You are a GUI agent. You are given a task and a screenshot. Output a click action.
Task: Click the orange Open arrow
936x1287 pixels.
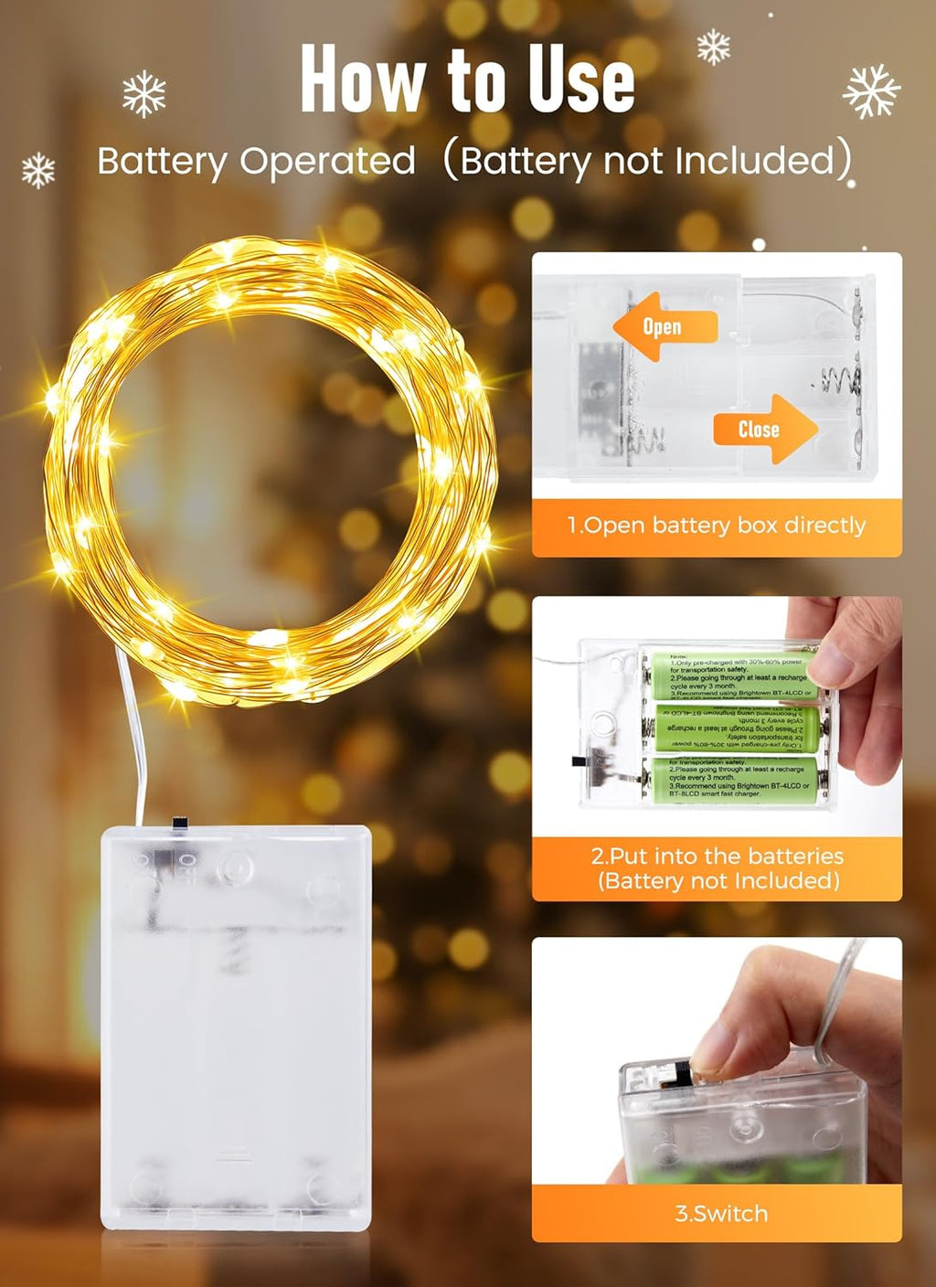[663, 326]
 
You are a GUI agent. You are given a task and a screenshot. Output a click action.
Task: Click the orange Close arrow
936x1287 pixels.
[764, 429]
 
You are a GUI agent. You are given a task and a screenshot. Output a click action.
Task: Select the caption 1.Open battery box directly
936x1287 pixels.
[717, 526]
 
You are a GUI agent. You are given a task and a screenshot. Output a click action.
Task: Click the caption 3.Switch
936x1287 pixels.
[721, 1214]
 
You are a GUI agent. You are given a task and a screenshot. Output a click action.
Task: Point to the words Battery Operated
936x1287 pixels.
[256, 162]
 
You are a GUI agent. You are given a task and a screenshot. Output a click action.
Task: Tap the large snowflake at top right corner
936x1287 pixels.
[871, 90]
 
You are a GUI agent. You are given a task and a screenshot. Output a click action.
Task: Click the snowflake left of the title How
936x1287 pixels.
[144, 94]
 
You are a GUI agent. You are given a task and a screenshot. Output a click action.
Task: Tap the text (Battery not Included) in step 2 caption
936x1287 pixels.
[718, 881]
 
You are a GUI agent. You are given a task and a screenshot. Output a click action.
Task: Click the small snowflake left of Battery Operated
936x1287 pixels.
[38, 170]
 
